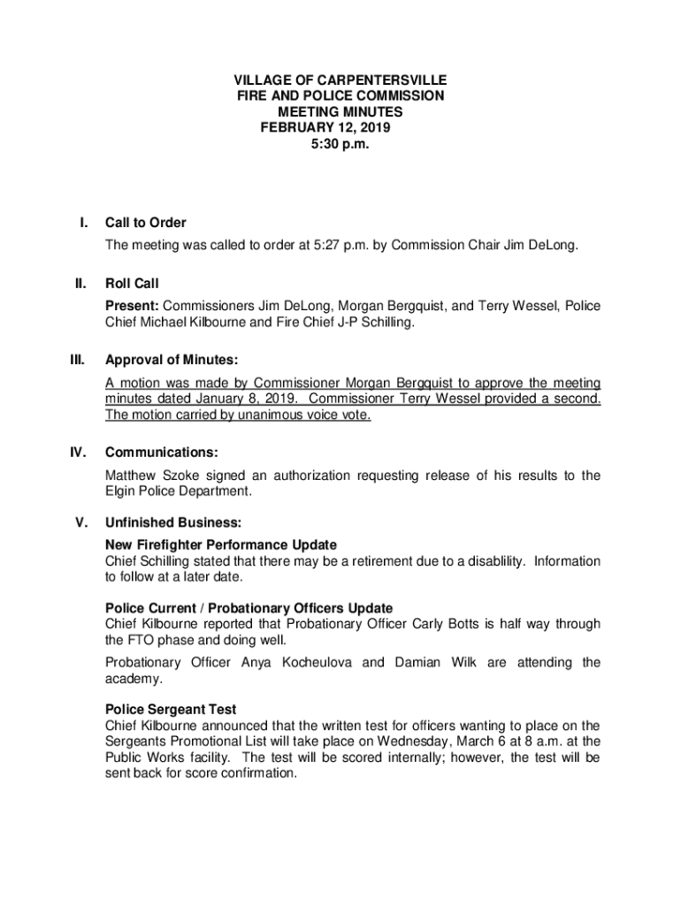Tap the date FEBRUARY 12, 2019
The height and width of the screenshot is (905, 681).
click(325, 127)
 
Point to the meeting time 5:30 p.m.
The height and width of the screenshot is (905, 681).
click(340, 143)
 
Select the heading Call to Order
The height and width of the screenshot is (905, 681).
click(145, 223)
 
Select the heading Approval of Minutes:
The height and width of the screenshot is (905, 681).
click(172, 361)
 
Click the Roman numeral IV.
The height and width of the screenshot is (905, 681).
click(78, 453)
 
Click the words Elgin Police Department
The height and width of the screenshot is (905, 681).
click(178, 491)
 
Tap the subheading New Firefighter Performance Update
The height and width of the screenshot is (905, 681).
click(220, 544)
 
